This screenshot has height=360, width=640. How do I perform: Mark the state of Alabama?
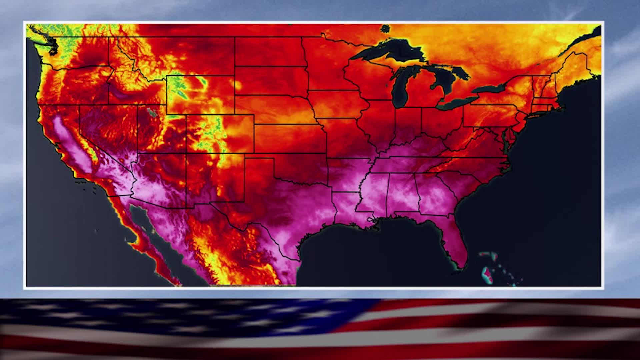coord(402,193)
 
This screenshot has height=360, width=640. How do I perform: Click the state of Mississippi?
coord(372,193)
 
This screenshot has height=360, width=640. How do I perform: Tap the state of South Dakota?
coord(270,80)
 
